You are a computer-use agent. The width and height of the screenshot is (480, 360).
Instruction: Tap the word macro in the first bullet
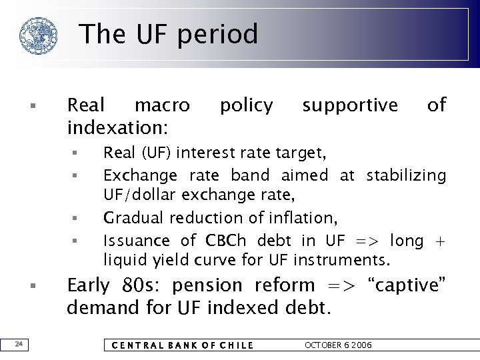(162, 105)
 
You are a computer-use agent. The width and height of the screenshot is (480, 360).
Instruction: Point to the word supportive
(350, 105)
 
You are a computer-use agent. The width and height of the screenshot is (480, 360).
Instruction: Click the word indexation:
(118, 125)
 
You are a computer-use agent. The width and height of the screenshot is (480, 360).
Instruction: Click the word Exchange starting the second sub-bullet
(140, 175)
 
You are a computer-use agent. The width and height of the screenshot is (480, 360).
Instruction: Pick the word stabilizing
(406, 175)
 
